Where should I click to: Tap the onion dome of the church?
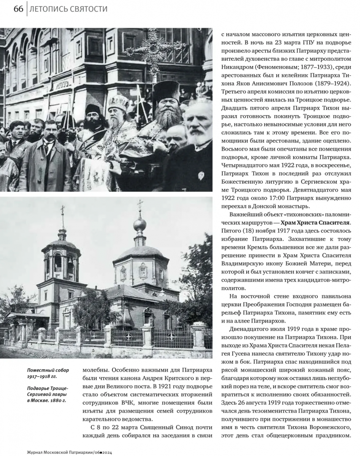(x=140, y=225)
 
